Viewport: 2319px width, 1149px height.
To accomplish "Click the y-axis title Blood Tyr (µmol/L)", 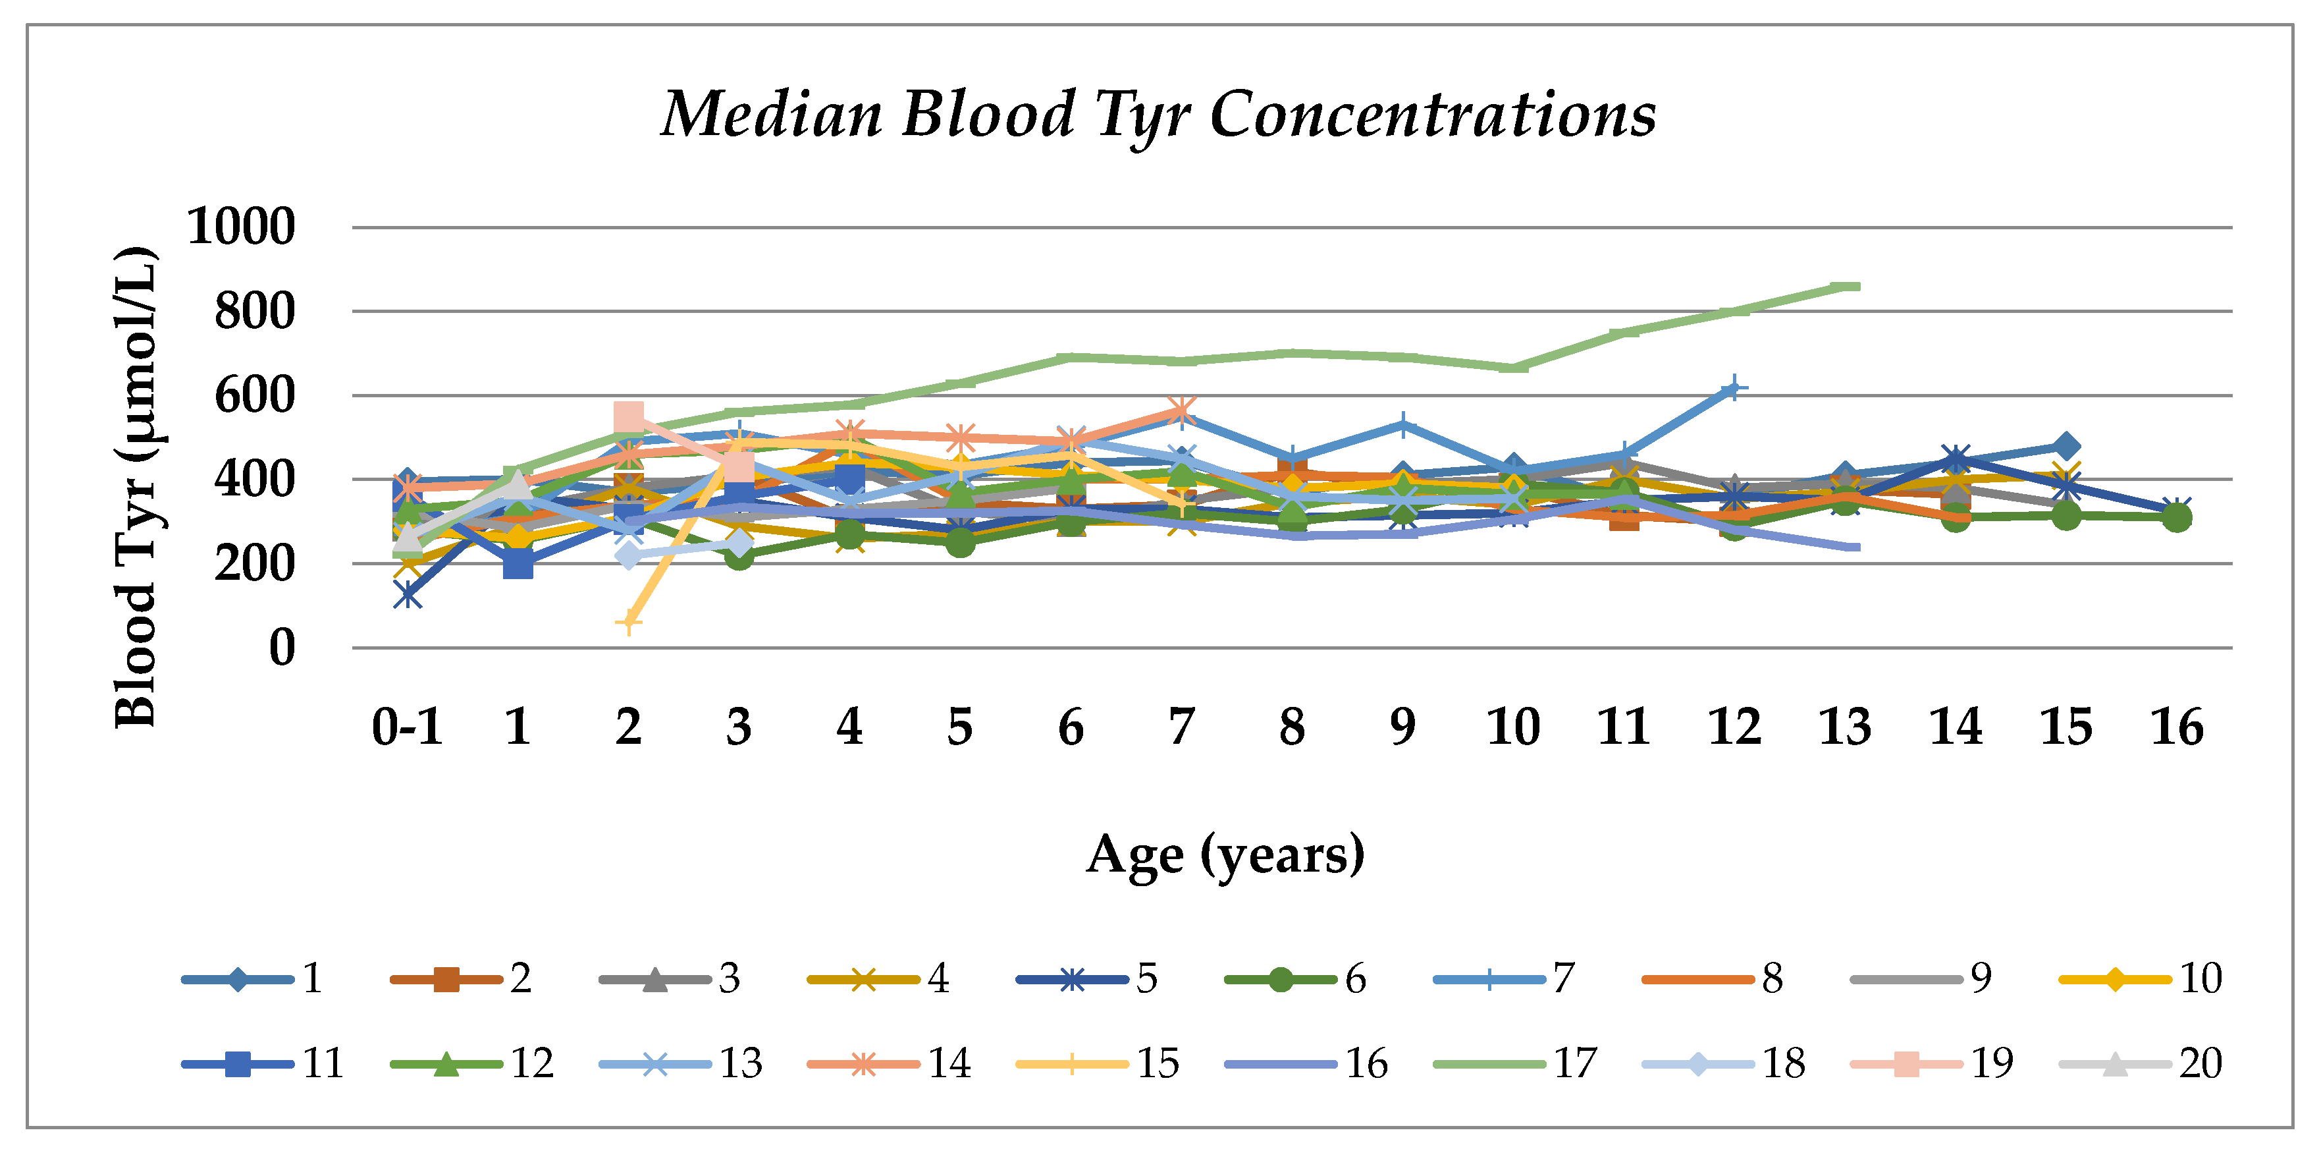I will pyautogui.click(x=137, y=486).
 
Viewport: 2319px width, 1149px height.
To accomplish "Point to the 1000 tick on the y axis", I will pyautogui.click(x=241, y=226).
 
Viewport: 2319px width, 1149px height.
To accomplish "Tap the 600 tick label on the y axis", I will pyautogui.click(x=255, y=395).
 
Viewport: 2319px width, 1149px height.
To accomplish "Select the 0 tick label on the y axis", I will pyautogui.click(x=282, y=648).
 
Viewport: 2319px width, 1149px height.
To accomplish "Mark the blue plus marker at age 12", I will pyautogui.click(x=1734, y=389).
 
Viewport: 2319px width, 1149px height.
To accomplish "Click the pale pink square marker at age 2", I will pyautogui.click(x=628, y=417).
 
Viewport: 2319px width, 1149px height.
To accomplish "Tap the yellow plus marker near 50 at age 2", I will pyautogui.click(x=628, y=622).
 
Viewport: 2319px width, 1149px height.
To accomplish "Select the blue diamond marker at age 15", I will pyautogui.click(x=2067, y=447).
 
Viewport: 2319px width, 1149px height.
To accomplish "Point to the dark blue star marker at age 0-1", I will pyautogui.click(x=407, y=594).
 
